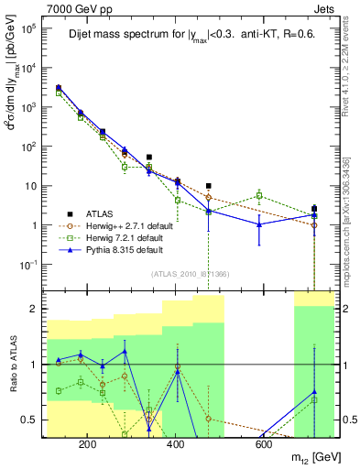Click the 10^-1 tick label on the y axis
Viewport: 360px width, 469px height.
29,265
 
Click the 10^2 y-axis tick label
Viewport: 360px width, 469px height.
29,147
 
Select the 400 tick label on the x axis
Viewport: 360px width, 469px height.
175,444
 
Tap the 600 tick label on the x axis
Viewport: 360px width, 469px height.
263,444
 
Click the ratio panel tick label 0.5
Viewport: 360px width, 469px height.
28,420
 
